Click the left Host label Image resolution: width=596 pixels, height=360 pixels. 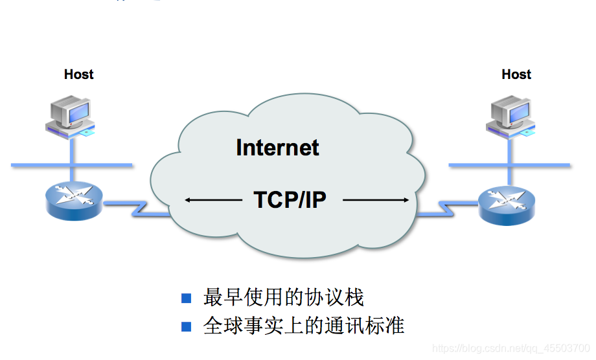[x=78, y=74]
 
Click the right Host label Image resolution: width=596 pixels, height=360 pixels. [x=516, y=74]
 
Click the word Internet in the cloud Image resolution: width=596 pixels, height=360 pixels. [x=277, y=148]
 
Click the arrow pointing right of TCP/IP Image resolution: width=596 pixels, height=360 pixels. [x=376, y=201]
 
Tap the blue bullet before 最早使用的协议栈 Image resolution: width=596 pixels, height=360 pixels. [x=187, y=298]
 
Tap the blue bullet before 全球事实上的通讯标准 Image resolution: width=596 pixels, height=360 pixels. [x=187, y=326]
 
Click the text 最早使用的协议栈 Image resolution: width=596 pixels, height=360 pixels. [x=284, y=298]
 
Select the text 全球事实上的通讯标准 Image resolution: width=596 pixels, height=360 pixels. [x=304, y=326]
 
